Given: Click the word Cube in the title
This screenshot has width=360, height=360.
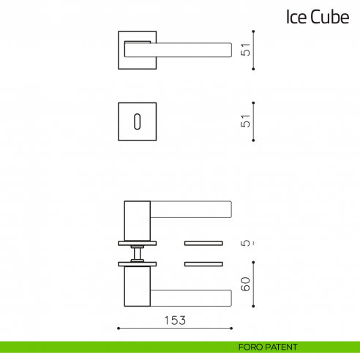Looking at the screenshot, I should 330,18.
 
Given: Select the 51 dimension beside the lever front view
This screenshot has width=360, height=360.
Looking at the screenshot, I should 247,50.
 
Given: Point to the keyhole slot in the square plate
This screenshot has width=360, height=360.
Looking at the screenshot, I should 137,121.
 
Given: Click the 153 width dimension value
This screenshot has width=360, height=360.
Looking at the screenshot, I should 174,320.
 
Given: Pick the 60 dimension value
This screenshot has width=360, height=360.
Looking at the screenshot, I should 247,285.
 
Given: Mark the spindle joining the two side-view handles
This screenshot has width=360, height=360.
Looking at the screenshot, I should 137,252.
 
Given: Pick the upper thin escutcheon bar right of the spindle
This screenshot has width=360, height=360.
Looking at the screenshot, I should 203,241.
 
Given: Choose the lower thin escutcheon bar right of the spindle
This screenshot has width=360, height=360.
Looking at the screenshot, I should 203,263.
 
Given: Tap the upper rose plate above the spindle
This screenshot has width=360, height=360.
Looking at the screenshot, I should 137,242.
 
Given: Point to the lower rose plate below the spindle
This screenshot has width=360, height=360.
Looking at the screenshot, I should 137,263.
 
